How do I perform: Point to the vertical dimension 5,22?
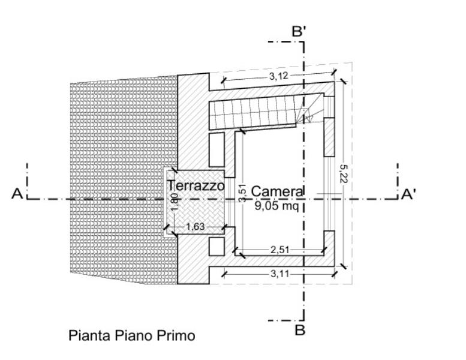pos(342,173)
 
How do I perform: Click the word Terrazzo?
pos(196,186)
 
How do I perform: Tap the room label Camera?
pos(278,191)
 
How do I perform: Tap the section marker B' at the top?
pos(299,32)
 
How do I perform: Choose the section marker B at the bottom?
pos(301,329)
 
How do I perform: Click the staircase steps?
pos(255,114)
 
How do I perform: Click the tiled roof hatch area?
pos(120,180)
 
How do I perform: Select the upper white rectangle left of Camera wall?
pos(217,149)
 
